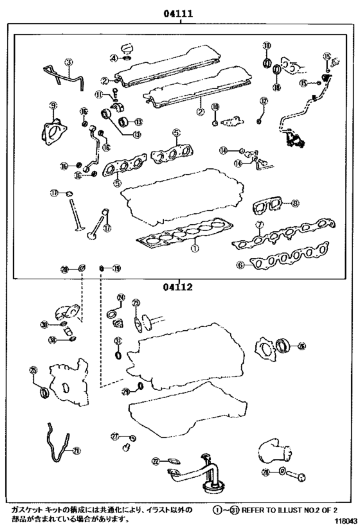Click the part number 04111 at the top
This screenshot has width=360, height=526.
coord(179,12)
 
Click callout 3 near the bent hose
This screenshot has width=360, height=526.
coord(69,62)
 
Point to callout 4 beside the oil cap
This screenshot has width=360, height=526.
coord(113,58)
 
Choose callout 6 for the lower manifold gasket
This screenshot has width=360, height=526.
coord(240,264)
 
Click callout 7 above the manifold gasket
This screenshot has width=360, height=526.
coord(259,224)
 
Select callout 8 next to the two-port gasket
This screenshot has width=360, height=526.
coord(294,204)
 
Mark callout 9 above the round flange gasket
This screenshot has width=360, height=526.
coord(53,105)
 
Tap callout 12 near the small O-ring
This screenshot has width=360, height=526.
coord(263,101)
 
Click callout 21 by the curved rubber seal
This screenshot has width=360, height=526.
coord(77,451)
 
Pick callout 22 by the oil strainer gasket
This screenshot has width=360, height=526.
coord(155,461)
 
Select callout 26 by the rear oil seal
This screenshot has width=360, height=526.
coord(301,346)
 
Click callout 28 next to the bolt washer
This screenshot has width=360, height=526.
coord(265,473)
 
